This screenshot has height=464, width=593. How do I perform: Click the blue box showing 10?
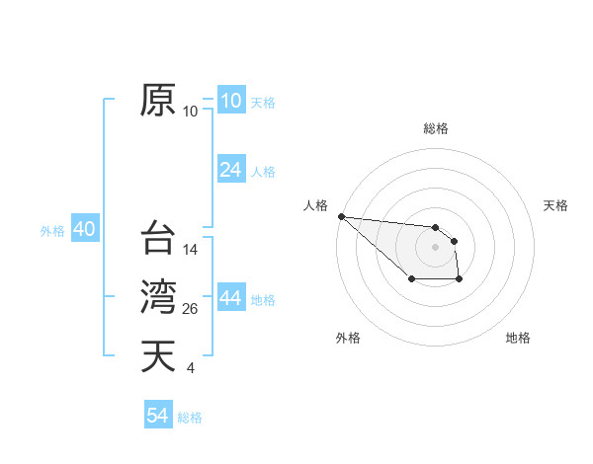230,100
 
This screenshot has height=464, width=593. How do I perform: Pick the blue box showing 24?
230,170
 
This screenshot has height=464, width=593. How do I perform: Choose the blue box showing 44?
230,299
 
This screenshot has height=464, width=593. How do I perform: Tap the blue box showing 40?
84,229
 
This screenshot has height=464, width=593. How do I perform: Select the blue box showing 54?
158,416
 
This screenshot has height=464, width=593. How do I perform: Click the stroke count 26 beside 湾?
191,310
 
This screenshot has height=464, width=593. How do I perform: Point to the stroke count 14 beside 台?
191,251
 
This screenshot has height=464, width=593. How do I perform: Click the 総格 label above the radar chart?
435,128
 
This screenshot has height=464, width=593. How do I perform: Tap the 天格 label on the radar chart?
555,205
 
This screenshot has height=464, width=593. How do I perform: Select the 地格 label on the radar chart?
518,338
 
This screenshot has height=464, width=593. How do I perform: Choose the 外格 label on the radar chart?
348,338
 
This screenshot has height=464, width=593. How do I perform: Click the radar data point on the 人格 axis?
341,216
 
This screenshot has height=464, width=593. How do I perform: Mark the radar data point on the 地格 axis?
460,280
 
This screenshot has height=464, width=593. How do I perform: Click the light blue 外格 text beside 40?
52,231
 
